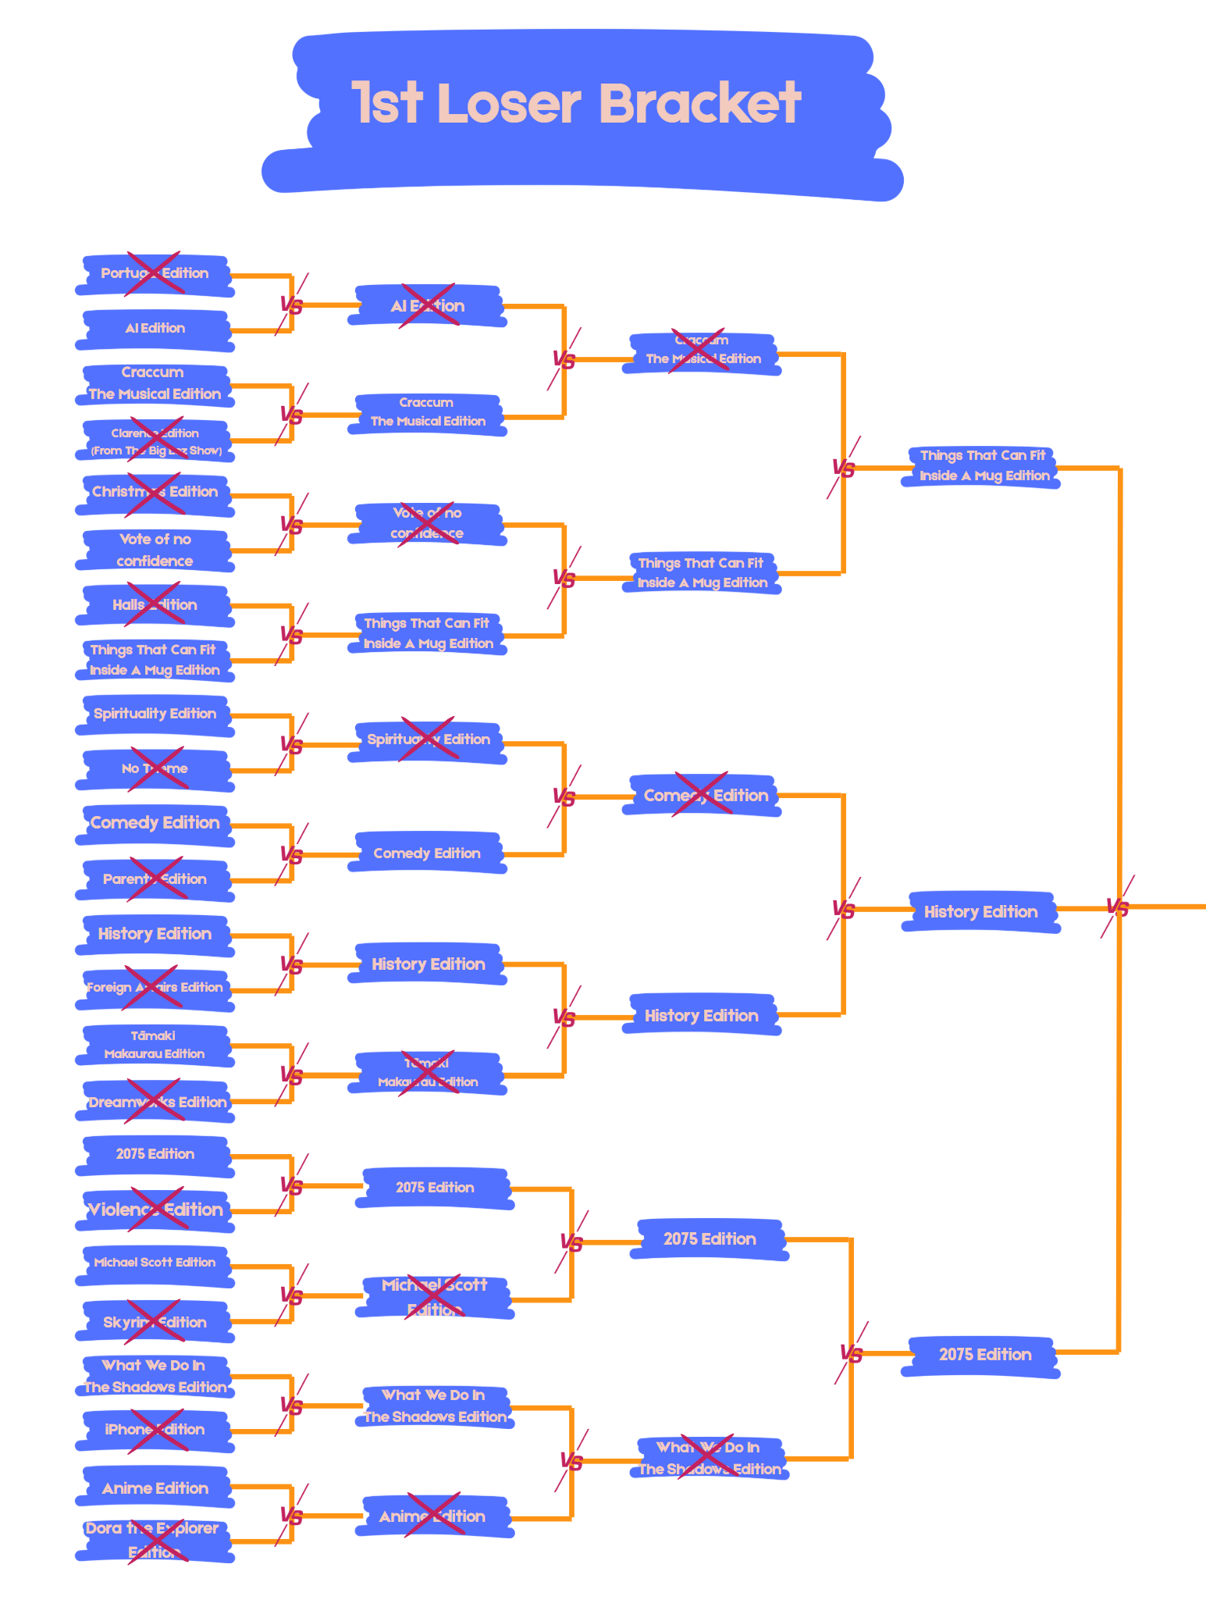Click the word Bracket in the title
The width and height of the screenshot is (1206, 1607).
click(699, 103)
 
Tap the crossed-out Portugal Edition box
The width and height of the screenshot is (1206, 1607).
click(155, 274)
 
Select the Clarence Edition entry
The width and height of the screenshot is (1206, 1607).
click(155, 441)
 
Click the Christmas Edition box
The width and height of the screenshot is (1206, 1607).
click(155, 493)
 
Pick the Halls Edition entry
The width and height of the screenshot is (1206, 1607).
click(155, 605)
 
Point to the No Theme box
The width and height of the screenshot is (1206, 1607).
click(155, 769)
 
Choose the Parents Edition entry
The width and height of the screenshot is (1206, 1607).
click(155, 879)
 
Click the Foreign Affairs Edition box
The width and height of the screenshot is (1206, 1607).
click(155, 989)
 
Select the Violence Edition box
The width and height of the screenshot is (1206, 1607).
click(155, 1210)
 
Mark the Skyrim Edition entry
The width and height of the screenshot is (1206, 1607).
click(155, 1322)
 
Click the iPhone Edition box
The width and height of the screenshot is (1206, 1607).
click(155, 1431)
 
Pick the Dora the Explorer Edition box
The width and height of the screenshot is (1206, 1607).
click(155, 1540)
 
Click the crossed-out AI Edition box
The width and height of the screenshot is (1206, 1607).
click(428, 306)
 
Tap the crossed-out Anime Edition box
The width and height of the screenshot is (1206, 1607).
click(432, 1516)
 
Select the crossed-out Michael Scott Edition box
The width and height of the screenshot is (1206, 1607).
click(434, 1297)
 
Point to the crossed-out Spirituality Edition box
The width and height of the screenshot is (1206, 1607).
click(428, 740)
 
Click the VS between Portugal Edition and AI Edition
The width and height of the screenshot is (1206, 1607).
click(291, 305)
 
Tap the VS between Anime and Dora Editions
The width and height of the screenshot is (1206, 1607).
click(291, 1516)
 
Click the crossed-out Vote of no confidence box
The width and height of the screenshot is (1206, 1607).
click(428, 524)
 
